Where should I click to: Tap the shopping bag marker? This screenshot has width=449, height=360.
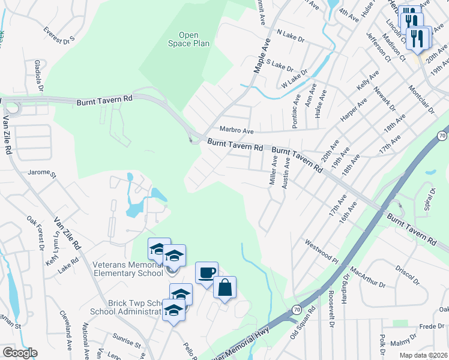[x=224, y=288]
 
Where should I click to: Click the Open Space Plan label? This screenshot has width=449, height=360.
[x=188, y=40]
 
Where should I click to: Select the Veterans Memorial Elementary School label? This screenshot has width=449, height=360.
[x=128, y=268]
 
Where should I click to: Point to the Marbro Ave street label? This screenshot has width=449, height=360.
[x=237, y=130]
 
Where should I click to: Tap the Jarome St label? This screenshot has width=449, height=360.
[x=41, y=175]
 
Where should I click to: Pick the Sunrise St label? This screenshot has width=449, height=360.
[x=125, y=341]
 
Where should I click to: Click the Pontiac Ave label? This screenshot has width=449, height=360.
[x=296, y=107]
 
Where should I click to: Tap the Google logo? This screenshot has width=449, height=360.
[x=20, y=353]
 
